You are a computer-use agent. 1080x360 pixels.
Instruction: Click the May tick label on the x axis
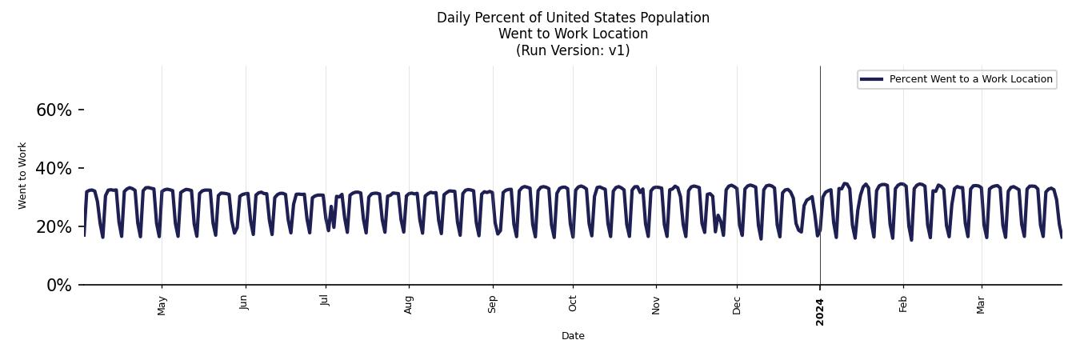(x=162, y=305)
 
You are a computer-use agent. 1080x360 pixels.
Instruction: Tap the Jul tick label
(x=326, y=300)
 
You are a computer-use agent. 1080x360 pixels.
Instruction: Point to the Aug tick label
(x=409, y=304)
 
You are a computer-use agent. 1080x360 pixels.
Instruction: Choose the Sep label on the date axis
(x=493, y=304)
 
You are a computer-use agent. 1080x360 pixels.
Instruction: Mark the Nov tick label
(x=656, y=304)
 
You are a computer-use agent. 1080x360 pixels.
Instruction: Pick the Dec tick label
(x=737, y=304)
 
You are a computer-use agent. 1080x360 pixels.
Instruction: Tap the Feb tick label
(x=903, y=303)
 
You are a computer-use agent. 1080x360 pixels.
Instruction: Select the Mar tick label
(x=981, y=304)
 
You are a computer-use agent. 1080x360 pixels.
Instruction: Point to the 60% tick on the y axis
(x=54, y=110)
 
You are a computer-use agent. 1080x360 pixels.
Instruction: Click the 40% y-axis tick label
(x=54, y=169)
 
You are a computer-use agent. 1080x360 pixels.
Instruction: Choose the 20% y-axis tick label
(x=54, y=227)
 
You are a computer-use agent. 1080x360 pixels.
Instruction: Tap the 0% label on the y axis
(x=58, y=286)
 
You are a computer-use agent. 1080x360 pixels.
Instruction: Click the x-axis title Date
(x=573, y=336)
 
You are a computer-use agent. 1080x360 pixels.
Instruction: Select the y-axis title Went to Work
(x=22, y=175)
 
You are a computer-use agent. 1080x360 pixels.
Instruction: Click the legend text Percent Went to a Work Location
(x=970, y=79)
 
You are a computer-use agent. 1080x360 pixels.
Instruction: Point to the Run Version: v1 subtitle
(x=573, y=50)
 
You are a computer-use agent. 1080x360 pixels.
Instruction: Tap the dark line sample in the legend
(x=871, y=79)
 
